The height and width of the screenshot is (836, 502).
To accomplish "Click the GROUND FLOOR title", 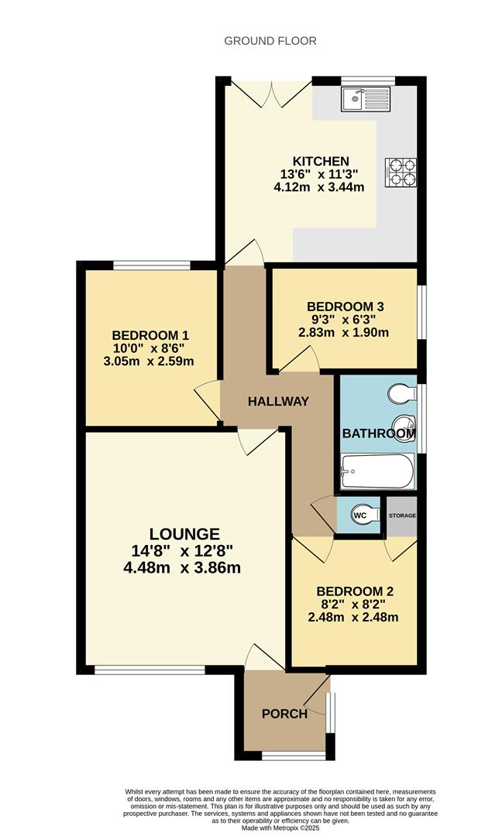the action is coord(270,41).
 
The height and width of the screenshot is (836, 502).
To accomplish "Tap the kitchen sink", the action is coord(366,99).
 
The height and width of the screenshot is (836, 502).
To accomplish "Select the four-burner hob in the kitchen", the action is coord(401,173).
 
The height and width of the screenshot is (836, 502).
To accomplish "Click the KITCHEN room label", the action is coord(321,161).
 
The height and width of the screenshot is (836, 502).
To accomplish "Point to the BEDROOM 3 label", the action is coord(346,307).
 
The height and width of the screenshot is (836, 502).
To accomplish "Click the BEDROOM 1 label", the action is coord(150,335).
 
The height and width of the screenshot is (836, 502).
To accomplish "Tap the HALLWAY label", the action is coord(278,402).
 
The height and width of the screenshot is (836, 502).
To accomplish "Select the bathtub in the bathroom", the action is coord(378,471).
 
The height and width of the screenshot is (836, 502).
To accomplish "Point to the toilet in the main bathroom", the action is coord(403,394).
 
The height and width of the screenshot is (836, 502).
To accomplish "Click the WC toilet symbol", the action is coord(366,516).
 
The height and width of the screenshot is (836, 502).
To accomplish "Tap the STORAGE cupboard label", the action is coord(402,516).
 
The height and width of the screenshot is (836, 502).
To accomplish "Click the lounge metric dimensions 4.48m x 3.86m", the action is coord(182,568).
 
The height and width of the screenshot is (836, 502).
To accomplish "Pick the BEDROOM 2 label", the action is coord(355,591).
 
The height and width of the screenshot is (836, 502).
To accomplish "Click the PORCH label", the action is coord(284,714).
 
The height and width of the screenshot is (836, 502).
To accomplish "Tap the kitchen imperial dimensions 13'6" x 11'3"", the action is coord(319,174).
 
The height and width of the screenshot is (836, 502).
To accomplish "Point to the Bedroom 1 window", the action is coord(152,265).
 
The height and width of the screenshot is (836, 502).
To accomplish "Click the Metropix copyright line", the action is coord(281,828).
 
